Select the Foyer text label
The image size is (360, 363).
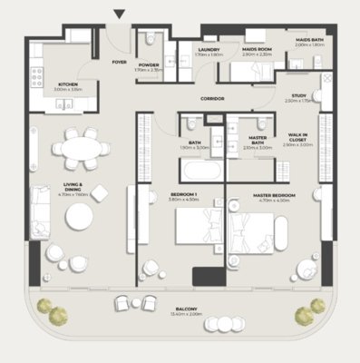coord(119,63)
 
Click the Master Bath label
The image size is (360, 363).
coord(258,140)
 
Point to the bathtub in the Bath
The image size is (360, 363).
coord(195,171)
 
